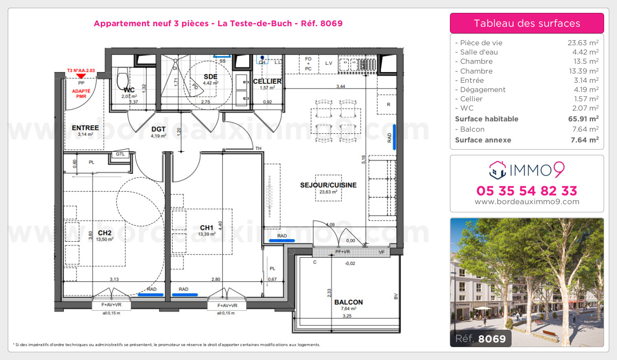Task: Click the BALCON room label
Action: click(348, 302)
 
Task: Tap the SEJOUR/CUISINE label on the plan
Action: click(329, 185)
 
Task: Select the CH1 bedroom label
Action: click(207, 227)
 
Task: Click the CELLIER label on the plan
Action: click(267, 81)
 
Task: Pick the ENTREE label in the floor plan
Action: click(85, 128)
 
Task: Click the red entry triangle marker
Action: click(80, 76)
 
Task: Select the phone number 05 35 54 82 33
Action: click(527, 191)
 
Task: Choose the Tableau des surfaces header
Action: click(527, 23)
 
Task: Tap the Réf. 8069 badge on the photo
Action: click(480, 338)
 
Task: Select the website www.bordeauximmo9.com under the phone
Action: click(527, 202)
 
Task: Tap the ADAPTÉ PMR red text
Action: click(80, 93)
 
